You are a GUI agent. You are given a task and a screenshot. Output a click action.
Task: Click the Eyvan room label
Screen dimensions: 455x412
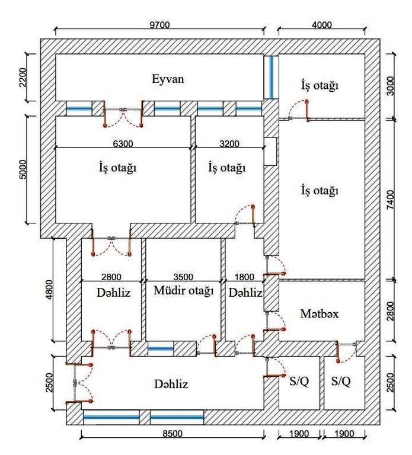coord(168,79)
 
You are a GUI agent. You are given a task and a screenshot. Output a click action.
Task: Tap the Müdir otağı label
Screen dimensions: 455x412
coord(183,291)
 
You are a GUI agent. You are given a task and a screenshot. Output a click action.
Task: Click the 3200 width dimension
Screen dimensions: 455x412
coord(229,143)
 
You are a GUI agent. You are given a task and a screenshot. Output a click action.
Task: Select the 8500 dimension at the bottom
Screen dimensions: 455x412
coord(172,434)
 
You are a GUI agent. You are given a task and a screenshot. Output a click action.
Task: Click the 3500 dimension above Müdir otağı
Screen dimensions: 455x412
coord(184,276)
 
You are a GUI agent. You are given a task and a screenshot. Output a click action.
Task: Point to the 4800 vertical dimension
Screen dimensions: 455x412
coord(49,290)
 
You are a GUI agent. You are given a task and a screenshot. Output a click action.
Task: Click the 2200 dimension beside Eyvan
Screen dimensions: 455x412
coord(23,77)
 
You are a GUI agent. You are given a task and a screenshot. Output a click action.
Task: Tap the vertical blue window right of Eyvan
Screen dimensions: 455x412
coord(271,77)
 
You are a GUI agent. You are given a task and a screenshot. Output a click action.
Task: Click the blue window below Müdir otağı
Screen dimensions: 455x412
coord(161,348)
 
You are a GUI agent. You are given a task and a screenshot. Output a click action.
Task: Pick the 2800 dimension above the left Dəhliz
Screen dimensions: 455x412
coord(111,276)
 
